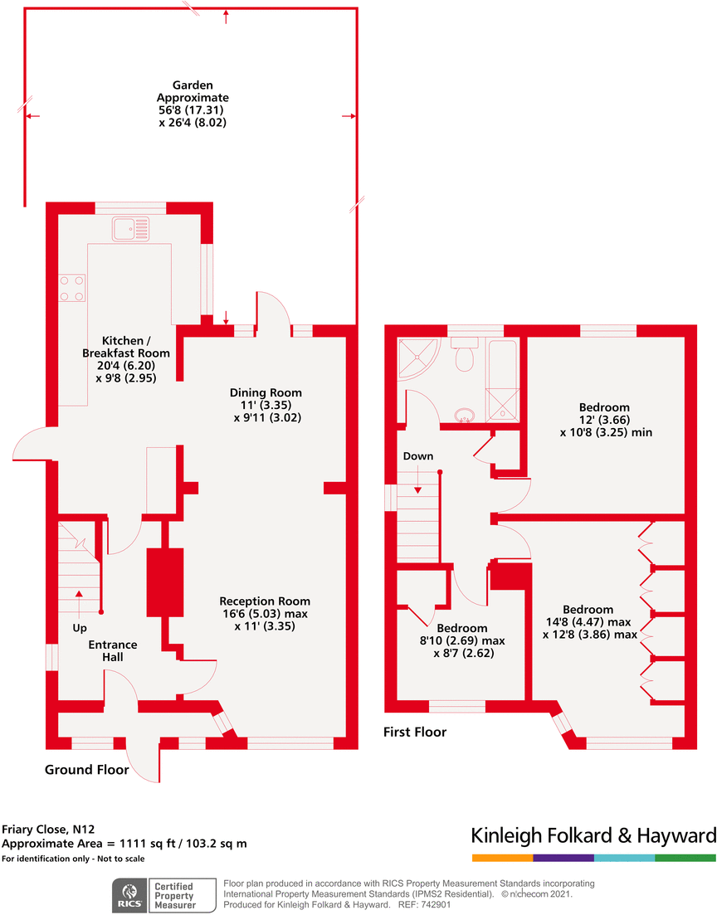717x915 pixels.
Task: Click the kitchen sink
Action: pyautogui.click(x=131, y=229)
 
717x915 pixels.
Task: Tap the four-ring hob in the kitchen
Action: pyautogui.click(x=72, y=288)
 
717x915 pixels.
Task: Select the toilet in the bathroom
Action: pyautogui.click(x=465, y=354)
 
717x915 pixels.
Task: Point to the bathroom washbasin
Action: pyautogui.click(x=465, y=415)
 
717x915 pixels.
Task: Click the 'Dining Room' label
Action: pyautogui.click(x=266, y=392)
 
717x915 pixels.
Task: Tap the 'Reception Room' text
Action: pyautogui.click(x=265, y=601)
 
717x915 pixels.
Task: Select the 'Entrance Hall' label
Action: pyautogui.click(x=113, y=650)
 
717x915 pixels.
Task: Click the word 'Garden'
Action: pyautogui.click(x=193, y=85)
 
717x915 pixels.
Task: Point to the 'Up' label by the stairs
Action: pyautogui.click(x=80, y=628)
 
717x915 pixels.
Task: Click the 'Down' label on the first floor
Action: pyautogui.click(x=418, y=456)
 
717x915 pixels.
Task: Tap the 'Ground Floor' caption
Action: pyautogui.click(x=87, y=770)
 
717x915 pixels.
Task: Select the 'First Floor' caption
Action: pyautogui.click(x=415, y=732)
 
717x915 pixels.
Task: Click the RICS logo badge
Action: pyautogui.click(x=129, y=895)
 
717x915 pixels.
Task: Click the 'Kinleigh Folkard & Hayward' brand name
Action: pyautogui.click(x=593, y=835)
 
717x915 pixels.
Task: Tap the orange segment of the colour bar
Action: pyautogui.click(x=502, y=858)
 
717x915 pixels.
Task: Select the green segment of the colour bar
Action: pyautogui.click(x=685, y=858)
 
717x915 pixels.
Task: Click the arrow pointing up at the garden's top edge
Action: pyautogui.click(x=226, y=17)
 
